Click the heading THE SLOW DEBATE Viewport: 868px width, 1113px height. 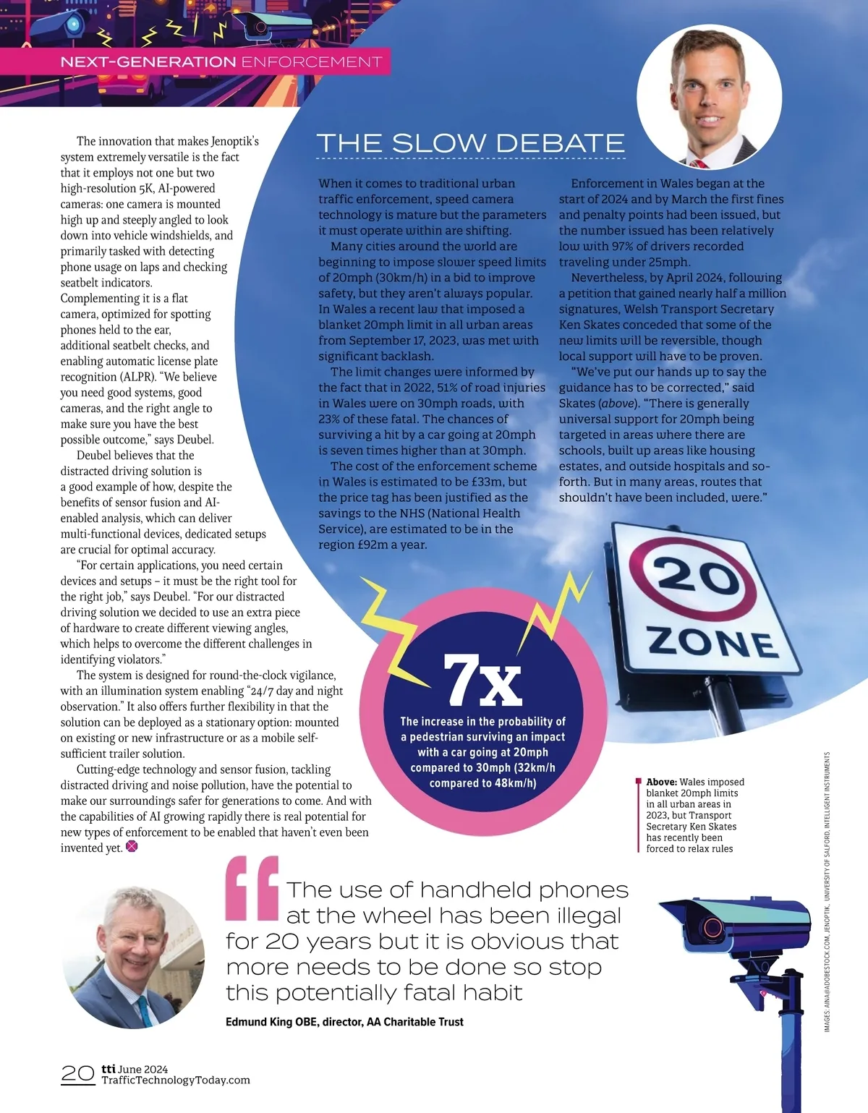click(470, 143)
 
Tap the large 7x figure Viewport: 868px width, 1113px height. click(482, 681)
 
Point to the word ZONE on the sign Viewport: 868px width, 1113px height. click(712, 641)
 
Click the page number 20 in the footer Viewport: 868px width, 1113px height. click(77, 1073)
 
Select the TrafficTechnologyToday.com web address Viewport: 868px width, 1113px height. click(176, 1080)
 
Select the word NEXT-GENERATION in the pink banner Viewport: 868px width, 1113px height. click(148, 62)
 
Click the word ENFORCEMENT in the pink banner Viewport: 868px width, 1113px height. click(312, 62)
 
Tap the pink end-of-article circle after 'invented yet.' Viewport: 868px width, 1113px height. click(132, 847)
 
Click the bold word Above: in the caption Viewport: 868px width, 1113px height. click(661, 782)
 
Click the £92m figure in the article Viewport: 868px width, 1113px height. click(374, 545)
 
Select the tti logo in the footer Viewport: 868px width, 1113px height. click(109, 1068)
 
